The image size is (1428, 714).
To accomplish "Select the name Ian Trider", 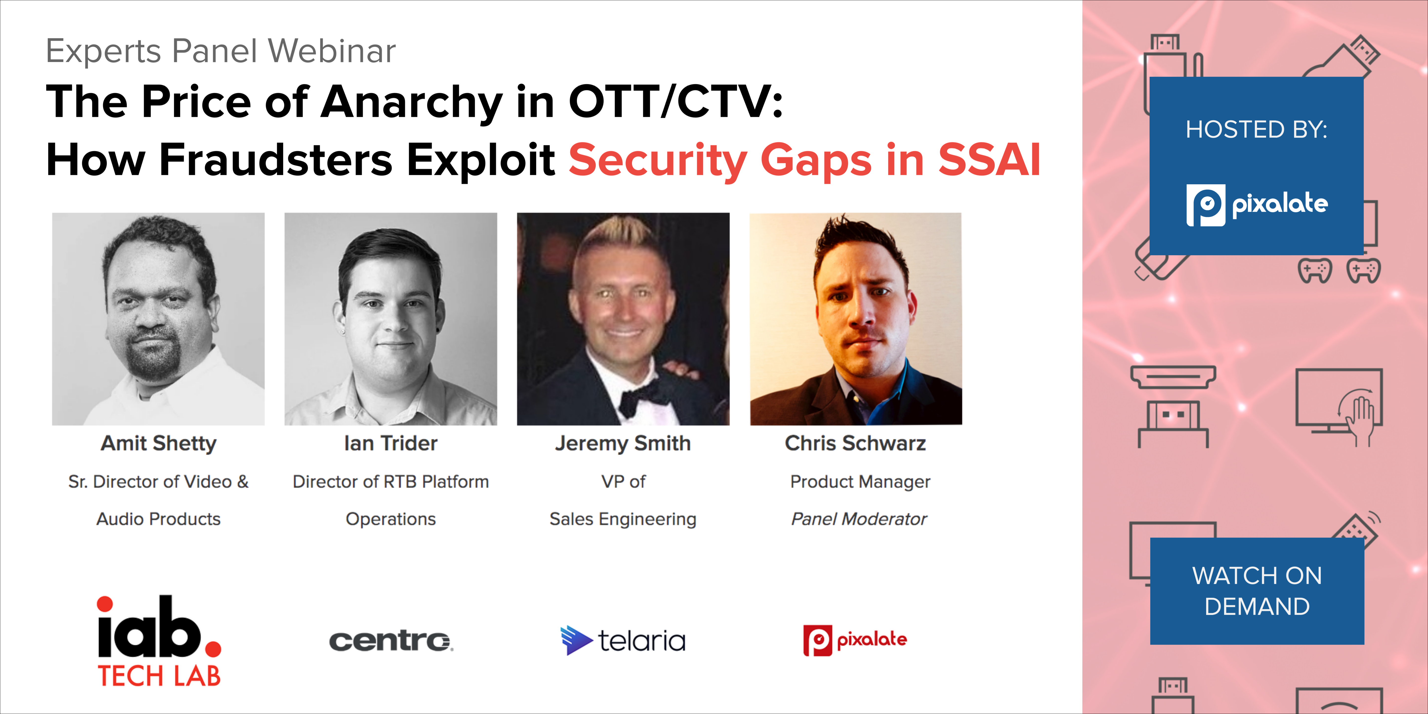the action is coord(391,443).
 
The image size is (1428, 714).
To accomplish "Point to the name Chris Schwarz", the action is coord(855,443).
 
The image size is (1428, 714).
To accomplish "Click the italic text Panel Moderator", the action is coord(859,519).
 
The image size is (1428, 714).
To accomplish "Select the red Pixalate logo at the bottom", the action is coord(855,640).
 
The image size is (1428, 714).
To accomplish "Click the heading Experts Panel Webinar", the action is coord(221,51).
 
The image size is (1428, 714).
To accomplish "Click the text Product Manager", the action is coord(860,482).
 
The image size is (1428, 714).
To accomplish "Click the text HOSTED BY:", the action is coord(1257,130).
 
